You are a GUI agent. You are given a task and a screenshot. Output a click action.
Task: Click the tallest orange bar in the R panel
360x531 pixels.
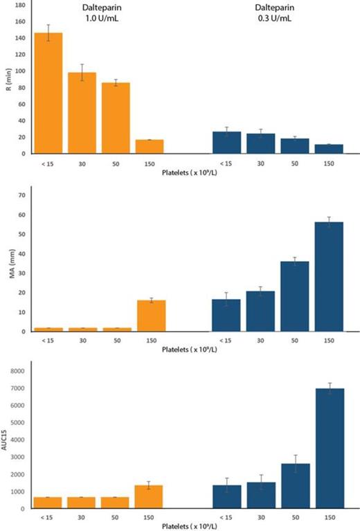pyautogui.click(x=48, y=93)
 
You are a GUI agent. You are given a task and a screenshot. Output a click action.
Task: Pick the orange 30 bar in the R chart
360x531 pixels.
pyautogui.click(x=82, y=111)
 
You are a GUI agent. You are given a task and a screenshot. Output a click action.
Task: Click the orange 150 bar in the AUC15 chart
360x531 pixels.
pyautogui.click(x=150, y=496)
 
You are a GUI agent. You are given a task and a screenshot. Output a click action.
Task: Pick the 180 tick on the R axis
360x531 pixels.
pyautogui.click(x=20, y=5)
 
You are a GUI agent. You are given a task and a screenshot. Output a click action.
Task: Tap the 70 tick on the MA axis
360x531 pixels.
pyautogui.click(x=22, y=195)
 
